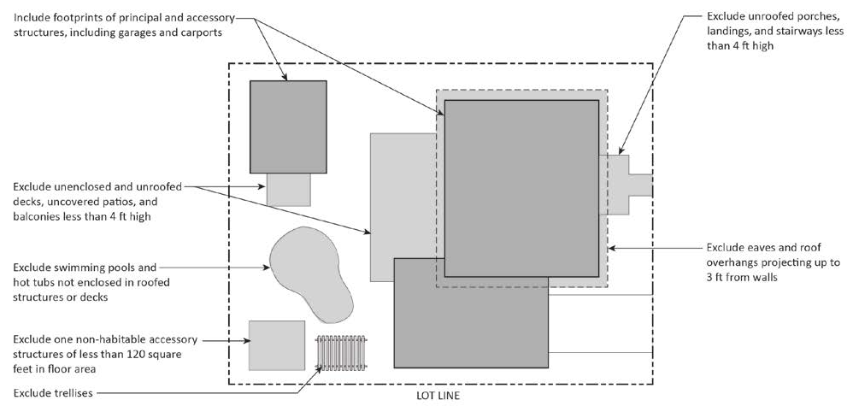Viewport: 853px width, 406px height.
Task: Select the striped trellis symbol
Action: pos(341,351)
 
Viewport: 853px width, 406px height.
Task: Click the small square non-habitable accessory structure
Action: pos(276,344)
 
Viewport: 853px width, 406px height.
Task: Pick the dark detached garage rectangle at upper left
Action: pos(287,127)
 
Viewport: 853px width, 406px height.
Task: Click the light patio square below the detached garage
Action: pos(288,189)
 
